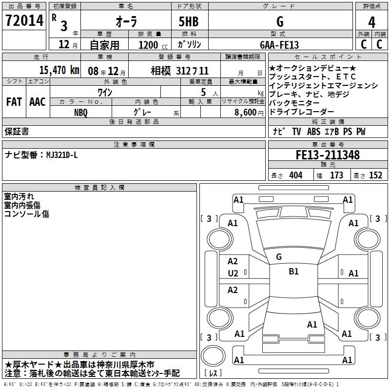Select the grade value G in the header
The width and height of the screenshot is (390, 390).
(280, 21)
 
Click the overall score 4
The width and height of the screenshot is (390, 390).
(371, 21)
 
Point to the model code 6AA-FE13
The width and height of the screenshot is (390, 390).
(279, 45)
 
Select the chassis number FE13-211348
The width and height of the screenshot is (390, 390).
(328, 155)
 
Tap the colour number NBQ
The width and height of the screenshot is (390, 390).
(81, 112)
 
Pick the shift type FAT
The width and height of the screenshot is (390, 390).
(14, 102)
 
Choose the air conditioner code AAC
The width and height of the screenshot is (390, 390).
(37, 102)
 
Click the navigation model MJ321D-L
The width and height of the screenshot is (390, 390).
(62, 155)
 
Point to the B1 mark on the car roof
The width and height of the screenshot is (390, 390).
(293, 272)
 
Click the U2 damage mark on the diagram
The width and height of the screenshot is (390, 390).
(233, 273)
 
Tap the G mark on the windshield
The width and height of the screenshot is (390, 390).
(279, 256)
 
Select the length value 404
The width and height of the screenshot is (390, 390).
(295, 175)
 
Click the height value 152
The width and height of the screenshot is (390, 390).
(375, 175)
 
